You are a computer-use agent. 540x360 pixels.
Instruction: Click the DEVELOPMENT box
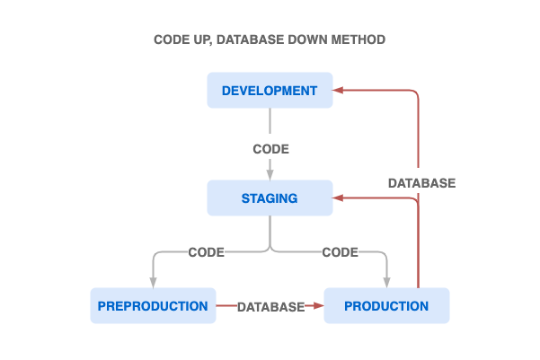pyautogui.click(x=270, y=91)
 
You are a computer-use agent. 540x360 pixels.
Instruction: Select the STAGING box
pyautogui.click(x=270, y=198)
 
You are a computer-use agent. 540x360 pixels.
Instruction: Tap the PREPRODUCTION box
pyautogui.click(x=153, y=306)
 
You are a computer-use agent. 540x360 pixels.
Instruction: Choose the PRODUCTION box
pyautogui.click(x=386, y=306)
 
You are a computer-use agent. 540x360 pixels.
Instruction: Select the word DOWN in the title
pyautogui.click(x=315, y=40)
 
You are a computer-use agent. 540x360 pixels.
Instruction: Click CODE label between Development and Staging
pyautogui.click(x=270, y=149)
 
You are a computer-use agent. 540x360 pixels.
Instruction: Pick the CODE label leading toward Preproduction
pyautogui.click(x=206, y=252)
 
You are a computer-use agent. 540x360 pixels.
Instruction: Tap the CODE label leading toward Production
pyautogui.click(x=340, y=252)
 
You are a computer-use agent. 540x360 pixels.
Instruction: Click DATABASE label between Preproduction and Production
pyautogui.click(x=270, y=307)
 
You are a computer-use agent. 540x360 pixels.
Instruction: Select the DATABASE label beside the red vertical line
pyautogui.click(x=421, y=183)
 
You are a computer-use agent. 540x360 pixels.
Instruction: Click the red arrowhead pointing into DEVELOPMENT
pyautogui.click(x=339, y=90)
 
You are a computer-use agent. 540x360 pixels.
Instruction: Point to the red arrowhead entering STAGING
pyautogui.click(x=339, y=198)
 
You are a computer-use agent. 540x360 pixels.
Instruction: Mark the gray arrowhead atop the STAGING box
pyautogui.click(x=270, y=175)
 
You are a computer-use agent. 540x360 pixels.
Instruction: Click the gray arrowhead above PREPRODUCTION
pyautogui.click(x=154, y=282)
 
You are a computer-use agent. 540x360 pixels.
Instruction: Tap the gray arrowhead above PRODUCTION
pyautogui.click(x=387, y=282)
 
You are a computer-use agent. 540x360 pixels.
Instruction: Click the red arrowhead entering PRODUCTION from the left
pyautogui.click(x=317, y=306)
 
